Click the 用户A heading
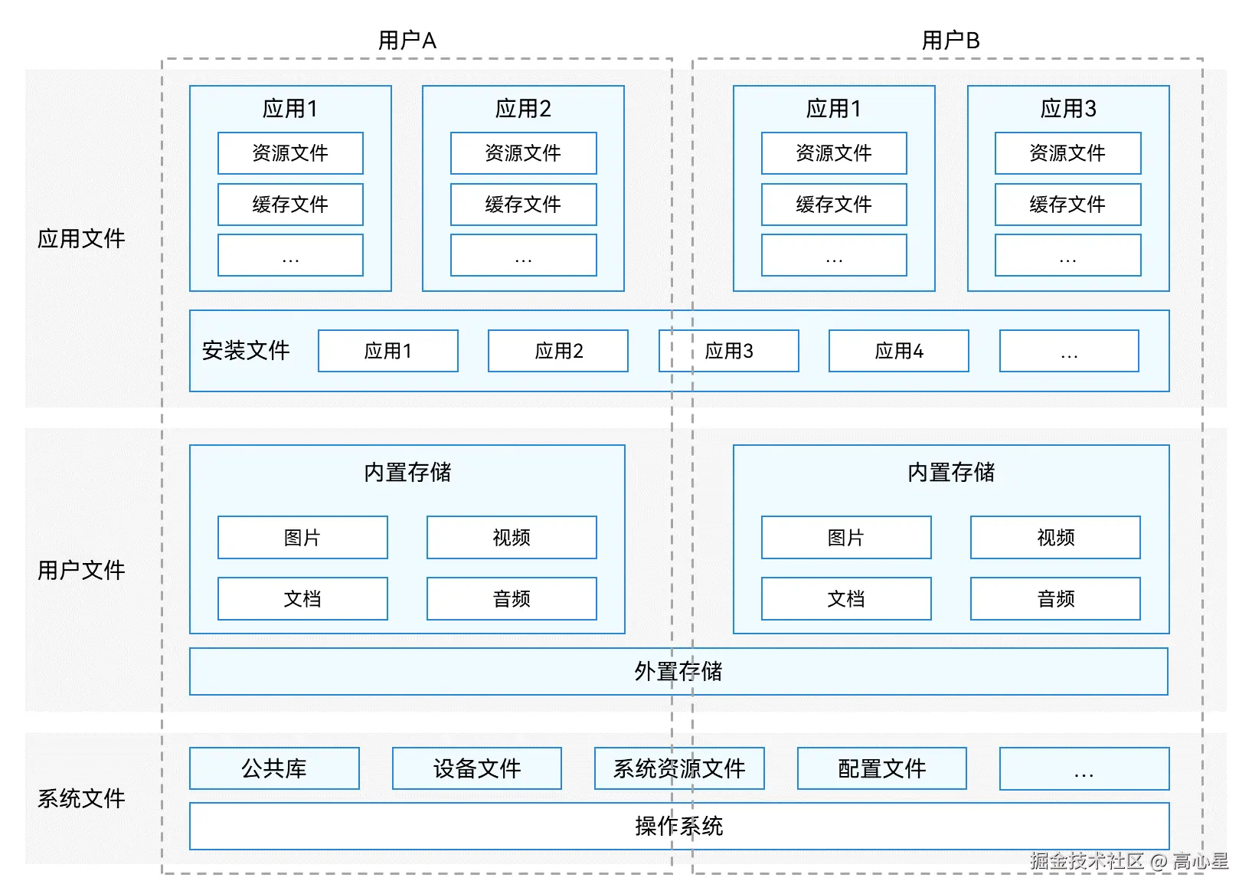tap(407, 41)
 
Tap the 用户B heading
tap(950, 41)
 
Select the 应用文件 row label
tap(81, 238)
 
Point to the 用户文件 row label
tap(81, 570)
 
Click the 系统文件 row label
tap(81, 798)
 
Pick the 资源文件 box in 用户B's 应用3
tap(1067, 153)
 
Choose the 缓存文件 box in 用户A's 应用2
tap(523, 205)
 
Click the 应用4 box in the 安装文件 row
tap(899, 351)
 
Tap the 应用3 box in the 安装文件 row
tap(729, 351)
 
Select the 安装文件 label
tap(246, 351)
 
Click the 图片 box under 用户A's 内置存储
tap(302, 537)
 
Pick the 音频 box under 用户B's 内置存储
tap(1055, 599)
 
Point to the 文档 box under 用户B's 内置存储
tap(846, 599)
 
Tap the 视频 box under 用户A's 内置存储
tap(512, 537)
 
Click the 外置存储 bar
tap(678, 672)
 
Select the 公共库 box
tap(274, 769)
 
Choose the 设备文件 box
tap(477, 769)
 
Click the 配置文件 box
tap(882, 769)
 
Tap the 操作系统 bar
tap(679, 827)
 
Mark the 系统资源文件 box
tap(679, 769)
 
